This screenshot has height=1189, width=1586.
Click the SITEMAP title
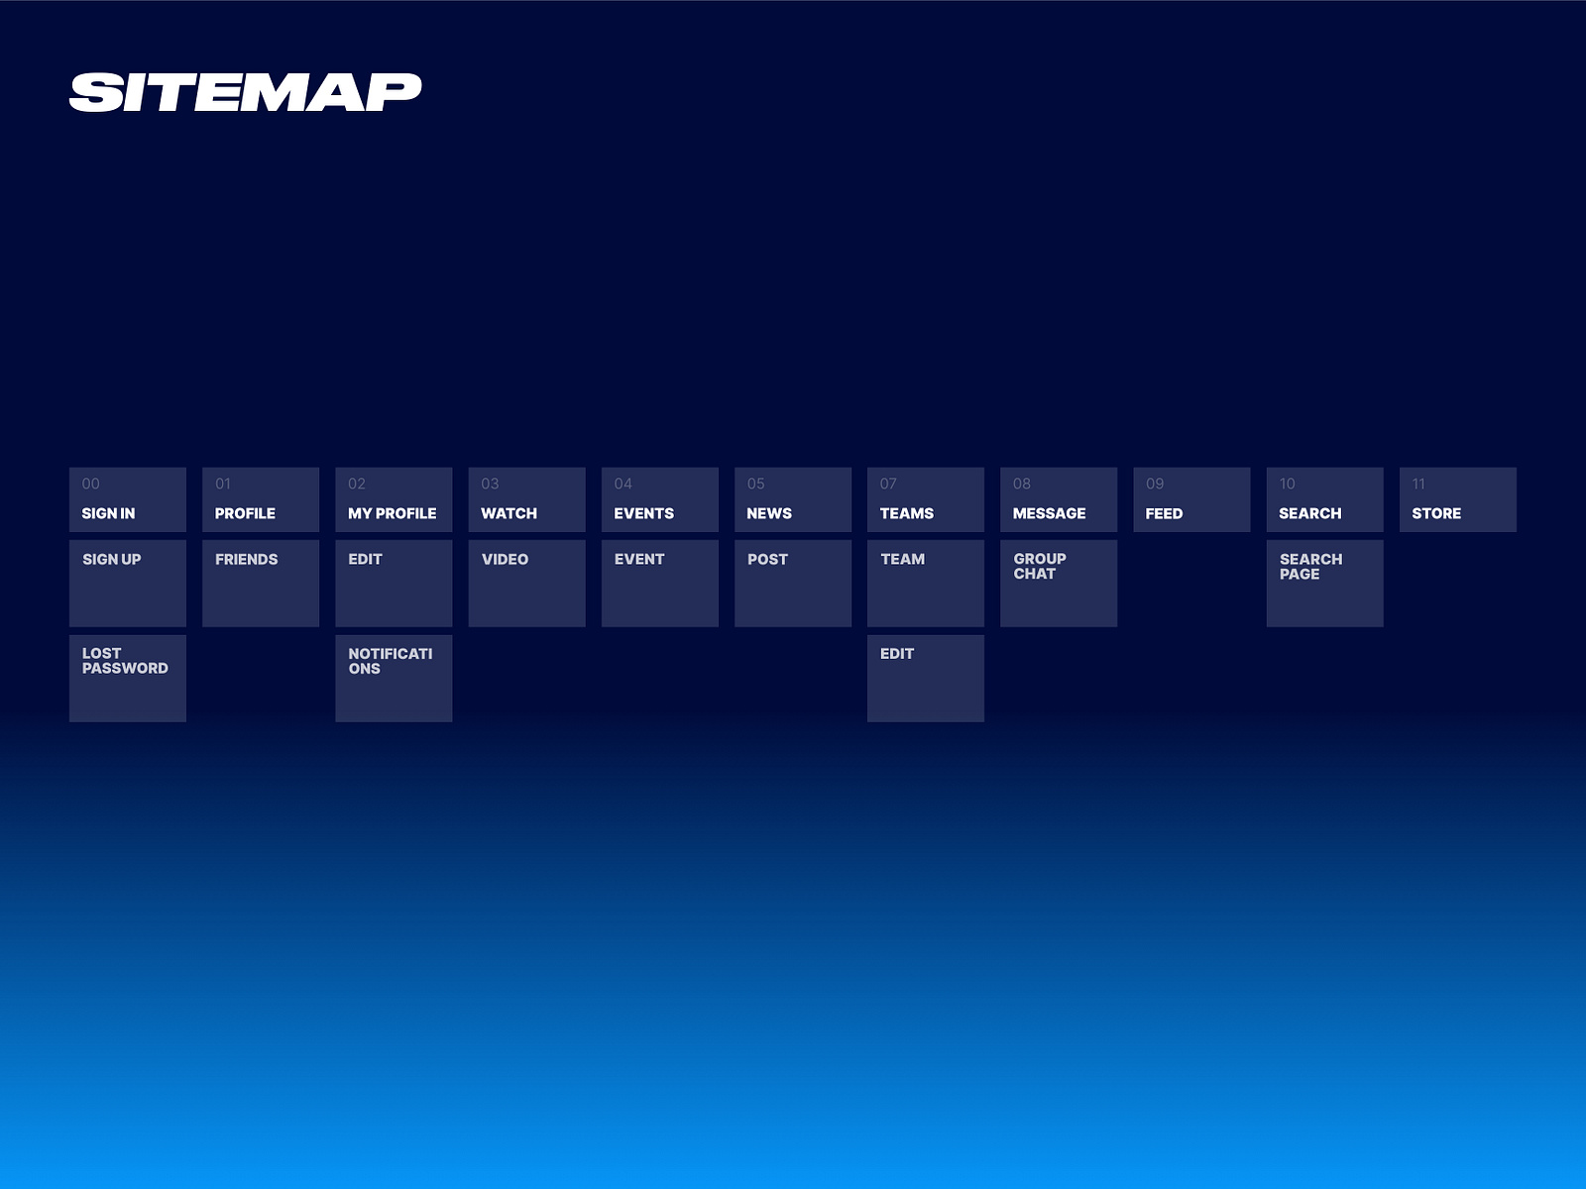pos(245,93)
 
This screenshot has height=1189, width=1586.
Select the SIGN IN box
pos(128,500)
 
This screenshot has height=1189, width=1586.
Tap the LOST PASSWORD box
pos(128,678)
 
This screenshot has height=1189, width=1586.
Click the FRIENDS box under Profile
pos(261,583)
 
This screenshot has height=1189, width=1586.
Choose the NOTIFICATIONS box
pos(394,678)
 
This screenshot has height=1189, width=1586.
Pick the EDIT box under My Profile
pos(394,583)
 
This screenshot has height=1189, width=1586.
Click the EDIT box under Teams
pos(925,678)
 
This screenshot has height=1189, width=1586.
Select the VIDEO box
pos(526,583)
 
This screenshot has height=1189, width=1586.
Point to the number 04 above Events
pos(623,484)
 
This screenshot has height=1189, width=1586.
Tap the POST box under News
pos(792,583)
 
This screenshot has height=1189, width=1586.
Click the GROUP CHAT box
pos(1058,583)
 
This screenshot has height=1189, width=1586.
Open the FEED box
pos(1191,500)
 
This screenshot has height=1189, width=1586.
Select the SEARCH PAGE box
pos(1324,583)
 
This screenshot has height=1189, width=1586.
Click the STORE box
pos(1457,500)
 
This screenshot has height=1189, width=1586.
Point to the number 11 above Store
pos(1418,484)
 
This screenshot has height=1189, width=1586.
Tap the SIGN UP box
pos(128,583)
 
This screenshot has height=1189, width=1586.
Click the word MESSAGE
pos(1049,513)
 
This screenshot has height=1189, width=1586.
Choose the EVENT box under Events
pos(659,583)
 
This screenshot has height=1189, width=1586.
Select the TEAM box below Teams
pos(925,583)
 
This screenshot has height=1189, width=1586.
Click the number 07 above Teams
pos(888,484)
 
